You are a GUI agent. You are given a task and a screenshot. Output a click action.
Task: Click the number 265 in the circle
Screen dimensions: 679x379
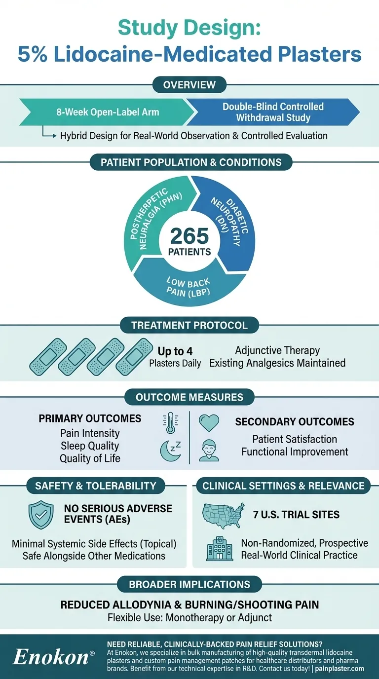click(x=189, y=236)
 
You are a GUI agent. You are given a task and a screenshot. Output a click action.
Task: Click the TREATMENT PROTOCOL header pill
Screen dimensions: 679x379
click(x=189, y=325)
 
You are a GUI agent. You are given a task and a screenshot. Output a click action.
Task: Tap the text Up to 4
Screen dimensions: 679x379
click(x=175, y=351)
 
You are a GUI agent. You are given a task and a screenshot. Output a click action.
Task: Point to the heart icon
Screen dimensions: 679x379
click(x=209, y=423)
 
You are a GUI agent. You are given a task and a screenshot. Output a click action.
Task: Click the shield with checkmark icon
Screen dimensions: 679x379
click(x=41, y=515)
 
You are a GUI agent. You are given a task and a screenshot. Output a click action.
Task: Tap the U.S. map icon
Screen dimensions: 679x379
click(x=224, y=515)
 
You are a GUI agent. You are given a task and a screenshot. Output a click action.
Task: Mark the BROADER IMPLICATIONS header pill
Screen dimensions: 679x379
click(x=189, y=585)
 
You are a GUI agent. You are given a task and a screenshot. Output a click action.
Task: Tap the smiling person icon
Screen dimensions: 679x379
click(x=209, y=451)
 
